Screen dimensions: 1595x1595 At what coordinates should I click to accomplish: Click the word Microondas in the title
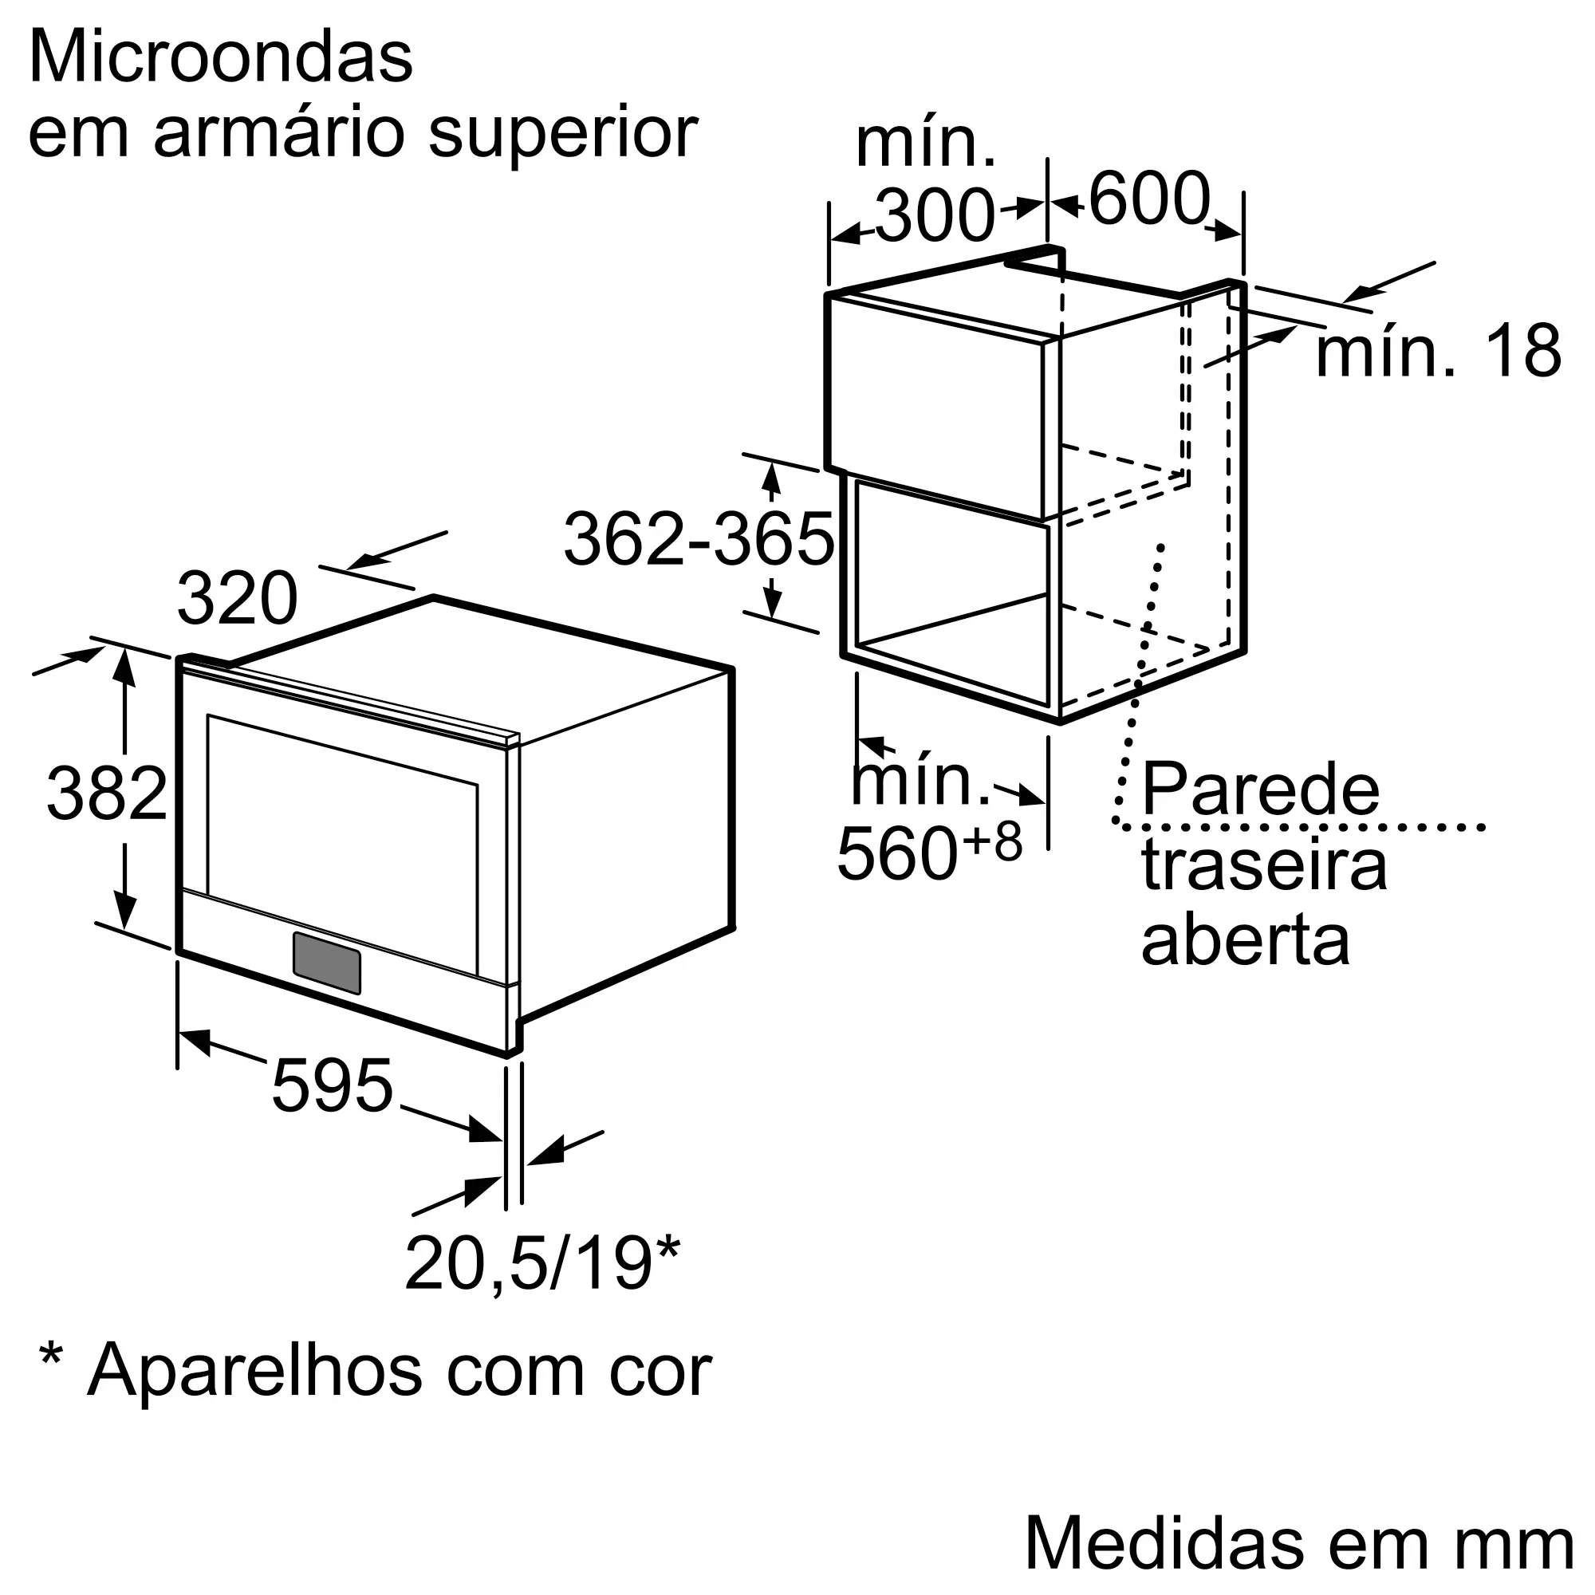pyautogui.click(x=220, y=57)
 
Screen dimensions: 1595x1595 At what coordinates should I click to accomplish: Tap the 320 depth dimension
pyautogui.click(x=237, y=599)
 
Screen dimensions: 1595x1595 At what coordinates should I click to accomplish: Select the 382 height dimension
pyautogui.click(x=107, y=794)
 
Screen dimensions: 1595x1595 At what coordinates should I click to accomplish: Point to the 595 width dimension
pyautogui.click(x=332, y=1086)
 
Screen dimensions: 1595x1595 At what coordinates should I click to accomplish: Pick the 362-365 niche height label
pyautogui.click(x=699, y=540)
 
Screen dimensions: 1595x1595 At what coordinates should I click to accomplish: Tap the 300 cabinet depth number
pyautogui.click(x=935, y=216)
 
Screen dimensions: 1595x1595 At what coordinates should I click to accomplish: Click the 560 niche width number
pyautogui.click(x=896, y=853)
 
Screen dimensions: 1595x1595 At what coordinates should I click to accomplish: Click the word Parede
pyautogui.click(x=1261, y=791)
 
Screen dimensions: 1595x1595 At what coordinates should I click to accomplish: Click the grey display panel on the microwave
pyautogui.click(x=327, y=963)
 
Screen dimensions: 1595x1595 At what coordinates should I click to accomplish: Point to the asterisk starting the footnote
pyautogui.click(x=51, y=1358)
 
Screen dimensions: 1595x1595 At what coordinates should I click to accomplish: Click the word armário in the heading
pyautogui.click(x=278, y=134)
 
